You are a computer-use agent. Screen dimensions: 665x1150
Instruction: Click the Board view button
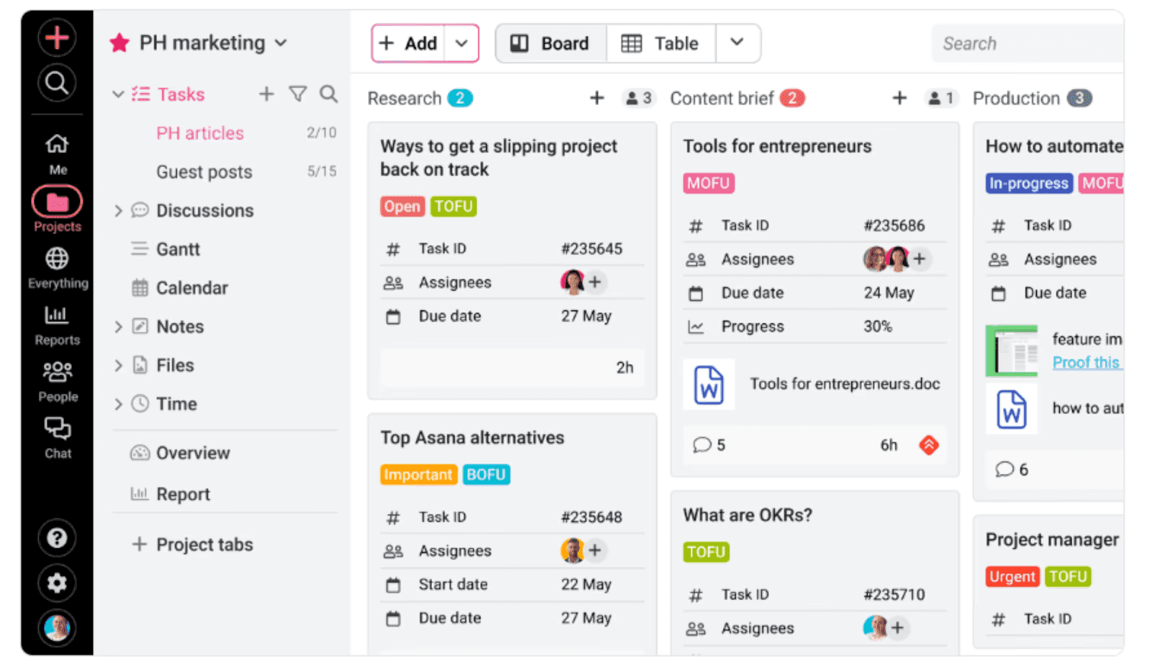click(x=551, y=44)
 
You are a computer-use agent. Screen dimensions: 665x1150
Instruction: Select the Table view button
click(x=660, y=44)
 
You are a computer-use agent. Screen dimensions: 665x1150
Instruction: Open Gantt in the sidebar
click(x=178, y=249)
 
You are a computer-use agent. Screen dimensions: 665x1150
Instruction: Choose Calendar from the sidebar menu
click(x=192, y=288)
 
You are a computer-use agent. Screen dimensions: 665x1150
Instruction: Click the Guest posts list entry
click(x=205, y=172)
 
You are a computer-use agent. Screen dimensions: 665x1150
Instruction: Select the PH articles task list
click(x=200, y=133)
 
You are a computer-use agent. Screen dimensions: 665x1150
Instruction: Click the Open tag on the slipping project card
click(x=402, y=207)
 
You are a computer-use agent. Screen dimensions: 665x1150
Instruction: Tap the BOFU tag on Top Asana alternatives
click(x=486, y=475)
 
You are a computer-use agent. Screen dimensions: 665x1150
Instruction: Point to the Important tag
click(x=418, y=475)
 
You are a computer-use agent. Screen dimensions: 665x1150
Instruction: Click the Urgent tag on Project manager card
click(x=1012, y=577)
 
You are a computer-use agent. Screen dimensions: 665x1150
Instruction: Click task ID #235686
click(x=894, y=226)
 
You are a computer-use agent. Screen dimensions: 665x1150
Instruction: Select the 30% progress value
click(x=878, y=326)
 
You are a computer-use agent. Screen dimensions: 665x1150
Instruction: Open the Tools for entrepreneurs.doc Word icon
click(x=709, y=384)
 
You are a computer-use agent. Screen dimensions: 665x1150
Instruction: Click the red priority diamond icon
click(x=929, y=445)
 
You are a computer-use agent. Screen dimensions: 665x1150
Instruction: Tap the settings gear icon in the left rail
click(x=57, y=583)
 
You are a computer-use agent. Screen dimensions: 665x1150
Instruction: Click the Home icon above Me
click(x=57, y=144)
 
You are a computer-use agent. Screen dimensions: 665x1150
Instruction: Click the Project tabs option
click(x=205, y=545)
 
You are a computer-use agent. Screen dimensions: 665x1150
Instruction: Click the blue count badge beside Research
click(x=459, y=98)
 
